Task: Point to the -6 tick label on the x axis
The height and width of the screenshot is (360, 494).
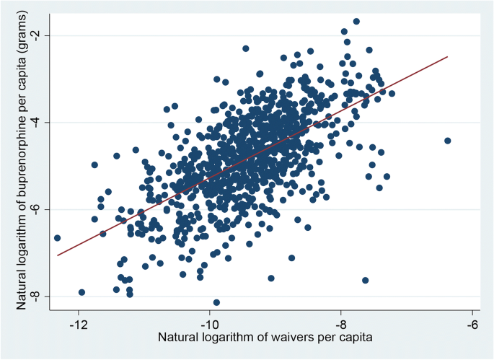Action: click(472, 325)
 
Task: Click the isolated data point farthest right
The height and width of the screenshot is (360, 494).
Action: click(447, 141)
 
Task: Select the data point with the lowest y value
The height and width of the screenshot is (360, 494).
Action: click(216, 302)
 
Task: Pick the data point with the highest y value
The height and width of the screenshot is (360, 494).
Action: click(356, 22)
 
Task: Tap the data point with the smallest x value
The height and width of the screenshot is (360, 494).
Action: click(57, 238)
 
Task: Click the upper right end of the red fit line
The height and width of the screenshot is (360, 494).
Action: click(447, 57)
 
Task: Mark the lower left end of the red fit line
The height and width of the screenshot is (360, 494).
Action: click(57, 255)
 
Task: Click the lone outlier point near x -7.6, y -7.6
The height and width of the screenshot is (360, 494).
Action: click(365, 280)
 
